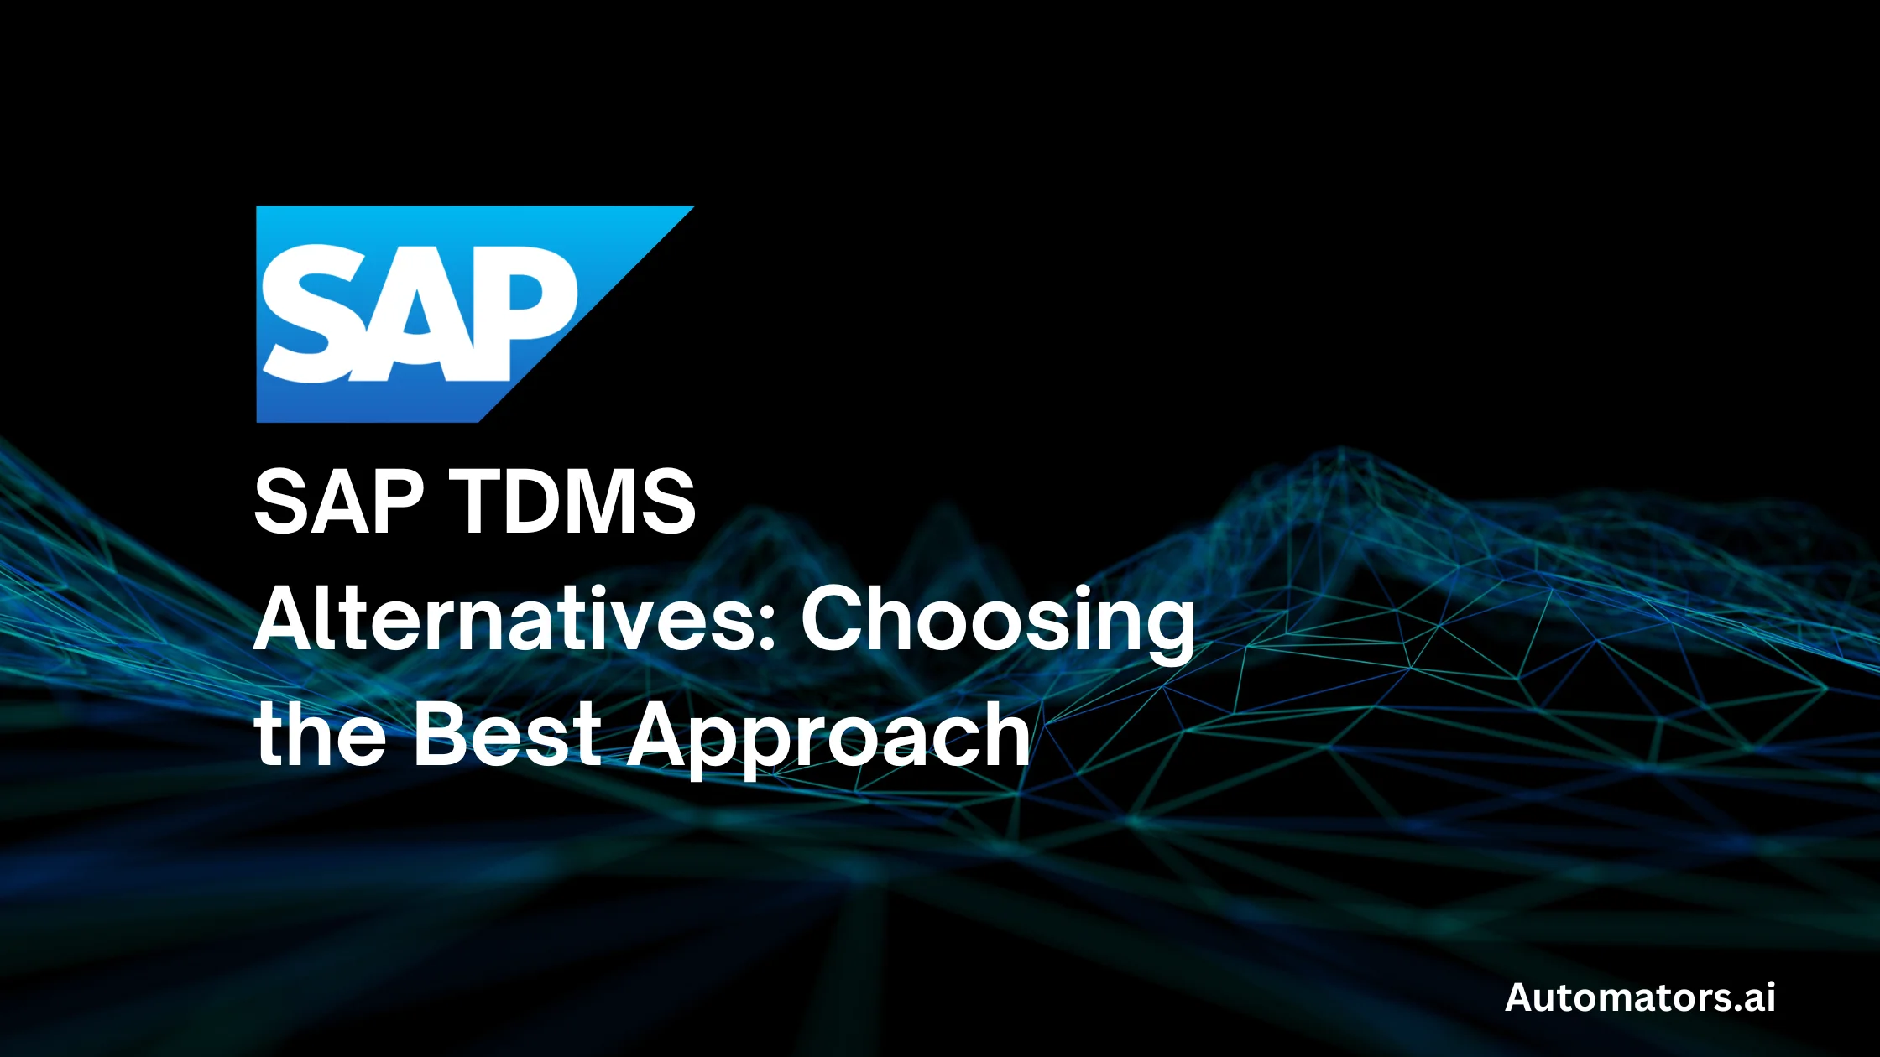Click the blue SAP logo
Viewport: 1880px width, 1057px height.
(x=436, y=314)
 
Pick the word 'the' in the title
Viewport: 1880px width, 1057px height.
(x=320, y=735)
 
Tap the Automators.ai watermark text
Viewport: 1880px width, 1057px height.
(x=1640, y=997)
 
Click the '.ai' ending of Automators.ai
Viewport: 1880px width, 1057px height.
(x=1753, y=997)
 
